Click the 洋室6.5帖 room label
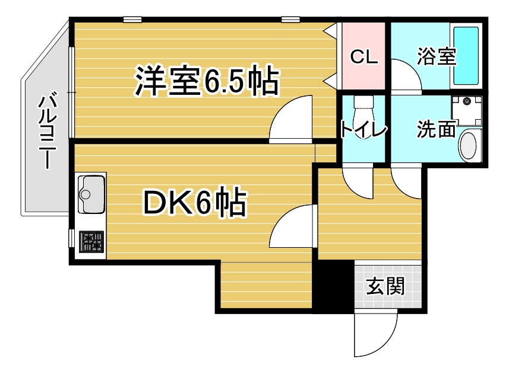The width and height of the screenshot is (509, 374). tap(207, 81)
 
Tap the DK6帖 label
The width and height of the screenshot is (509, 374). tap(195, 202)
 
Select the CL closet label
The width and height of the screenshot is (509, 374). tap(364, 57)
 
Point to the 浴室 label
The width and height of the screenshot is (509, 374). tap(437, 56)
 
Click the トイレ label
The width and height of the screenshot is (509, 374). tap(363, 130)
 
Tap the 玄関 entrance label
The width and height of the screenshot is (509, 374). tap(385, 286)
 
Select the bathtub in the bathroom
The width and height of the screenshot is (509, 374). tap(466, 56)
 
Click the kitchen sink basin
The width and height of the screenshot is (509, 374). tap(92, 194)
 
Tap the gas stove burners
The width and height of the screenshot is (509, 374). tap(91, 242)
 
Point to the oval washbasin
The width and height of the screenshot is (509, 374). tap(469, 146)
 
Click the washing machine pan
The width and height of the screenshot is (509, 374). tap(467, 111)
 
